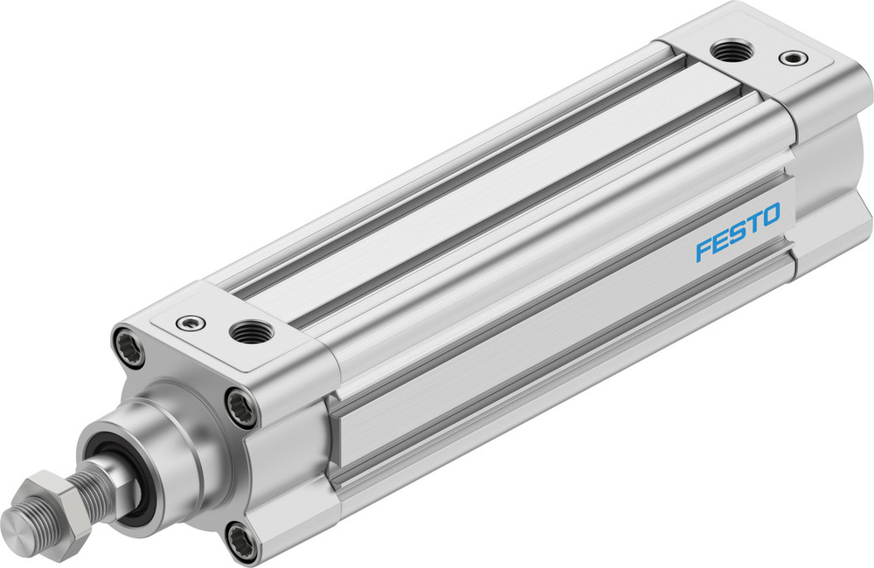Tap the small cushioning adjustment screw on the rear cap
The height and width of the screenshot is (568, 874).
(x=791, y=59)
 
